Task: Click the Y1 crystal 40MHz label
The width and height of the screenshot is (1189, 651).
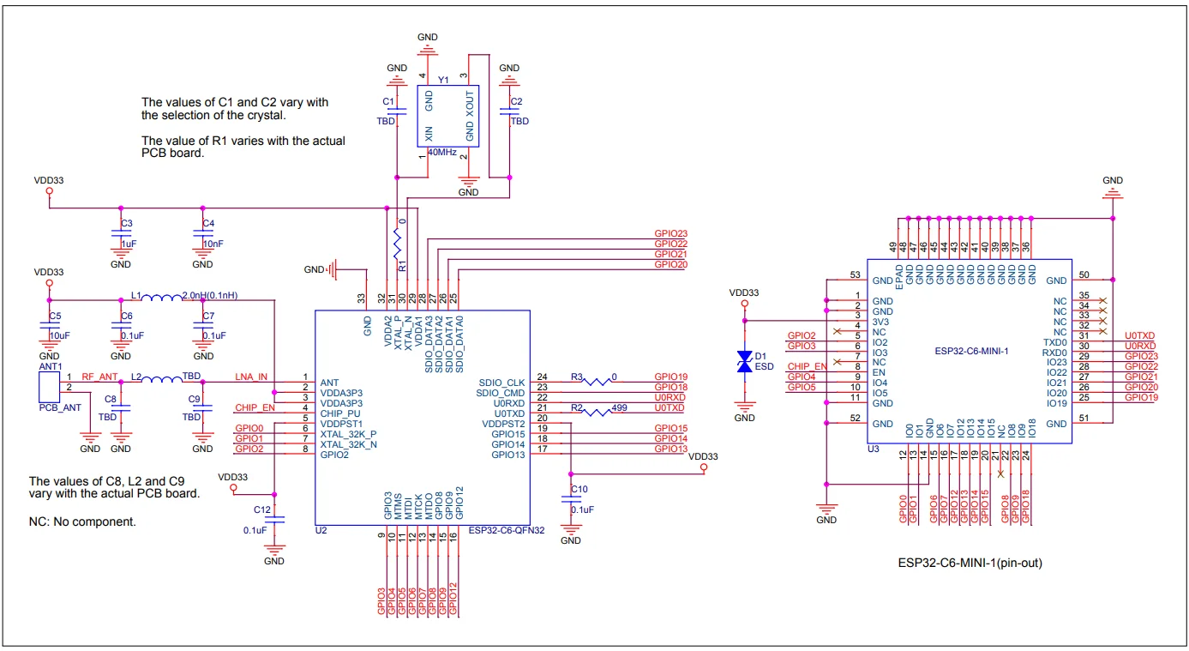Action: click(x=441, y=152)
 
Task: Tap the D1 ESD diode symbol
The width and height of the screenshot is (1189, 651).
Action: click(x=745, y=361)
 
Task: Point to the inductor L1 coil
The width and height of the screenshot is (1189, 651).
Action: click(x=161, y=298)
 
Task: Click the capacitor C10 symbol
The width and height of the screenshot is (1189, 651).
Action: click(x=570, y=501)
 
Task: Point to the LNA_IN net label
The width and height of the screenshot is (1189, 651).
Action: click(x=251, y=377)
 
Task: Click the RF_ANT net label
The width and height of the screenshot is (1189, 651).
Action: click(x=99, y=377)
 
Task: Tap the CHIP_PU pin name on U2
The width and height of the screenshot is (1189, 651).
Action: click(x=340, y=413)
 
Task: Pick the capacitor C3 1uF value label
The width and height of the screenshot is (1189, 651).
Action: click(x=129, y=244)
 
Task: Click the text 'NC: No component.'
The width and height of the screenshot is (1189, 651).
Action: click(x=82, y=521)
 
